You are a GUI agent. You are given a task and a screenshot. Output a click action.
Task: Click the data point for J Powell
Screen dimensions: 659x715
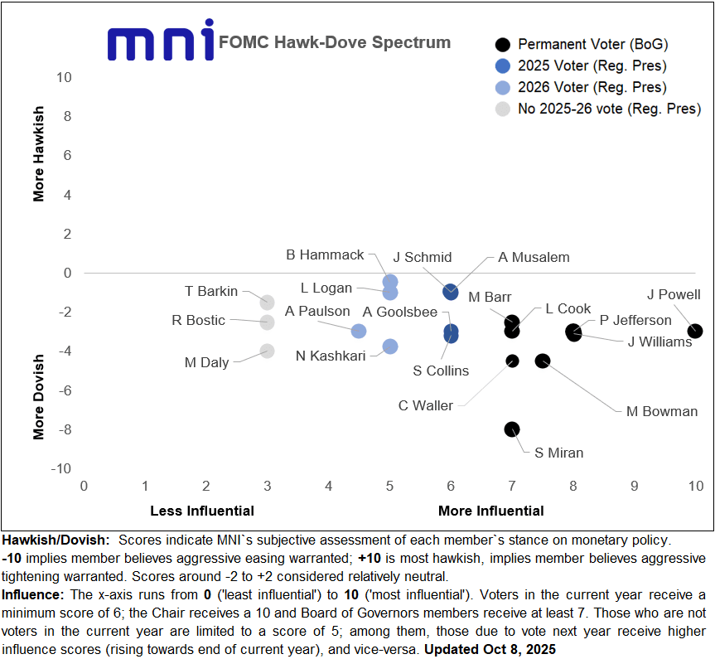click(x=695, y=332)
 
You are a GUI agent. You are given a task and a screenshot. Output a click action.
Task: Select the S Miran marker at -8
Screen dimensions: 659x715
click(x=512, y=429)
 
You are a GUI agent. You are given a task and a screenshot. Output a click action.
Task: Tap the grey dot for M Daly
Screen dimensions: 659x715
click(x=267, y=351)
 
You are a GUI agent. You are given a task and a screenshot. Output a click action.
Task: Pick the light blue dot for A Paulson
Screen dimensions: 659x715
click(x=359, y=332)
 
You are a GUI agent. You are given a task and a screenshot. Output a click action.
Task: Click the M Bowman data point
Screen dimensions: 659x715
click(x=543, y=361)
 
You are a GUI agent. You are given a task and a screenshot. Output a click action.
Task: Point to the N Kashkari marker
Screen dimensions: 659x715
click(x=390, y=346)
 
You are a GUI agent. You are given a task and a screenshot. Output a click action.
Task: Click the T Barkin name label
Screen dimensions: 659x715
click(x=211, y=291)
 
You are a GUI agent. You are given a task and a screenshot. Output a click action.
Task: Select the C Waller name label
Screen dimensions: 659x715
click(x=426, y=405)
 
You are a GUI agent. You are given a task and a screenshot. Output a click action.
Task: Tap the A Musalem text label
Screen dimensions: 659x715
click(x=534, y=257)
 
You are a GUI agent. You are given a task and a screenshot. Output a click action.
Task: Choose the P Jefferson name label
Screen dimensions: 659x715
click(x=635, y=320)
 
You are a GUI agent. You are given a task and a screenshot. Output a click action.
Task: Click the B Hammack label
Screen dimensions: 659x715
click(x=325, y=255)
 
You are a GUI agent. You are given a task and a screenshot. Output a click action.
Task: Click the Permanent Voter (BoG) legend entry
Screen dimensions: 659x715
click(x=592, y=44)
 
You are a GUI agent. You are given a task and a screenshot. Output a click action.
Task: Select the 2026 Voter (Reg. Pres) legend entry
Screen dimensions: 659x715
click(x=592, y=87)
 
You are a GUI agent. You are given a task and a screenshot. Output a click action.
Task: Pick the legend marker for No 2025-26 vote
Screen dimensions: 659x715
click(x=502, y=109)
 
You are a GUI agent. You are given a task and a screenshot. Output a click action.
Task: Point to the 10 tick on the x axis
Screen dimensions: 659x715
click(x=695, y=484)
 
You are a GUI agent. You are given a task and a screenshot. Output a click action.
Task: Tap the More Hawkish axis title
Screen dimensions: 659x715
click(x=39, y=153)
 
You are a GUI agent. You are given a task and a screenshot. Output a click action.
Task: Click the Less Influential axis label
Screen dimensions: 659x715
click(x=202, y=510)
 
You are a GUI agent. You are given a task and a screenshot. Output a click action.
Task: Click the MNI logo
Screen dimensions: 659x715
click(x=162, y=42)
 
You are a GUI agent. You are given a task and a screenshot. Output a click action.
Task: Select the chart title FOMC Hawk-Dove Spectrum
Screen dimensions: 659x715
click(x=335, y=42)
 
